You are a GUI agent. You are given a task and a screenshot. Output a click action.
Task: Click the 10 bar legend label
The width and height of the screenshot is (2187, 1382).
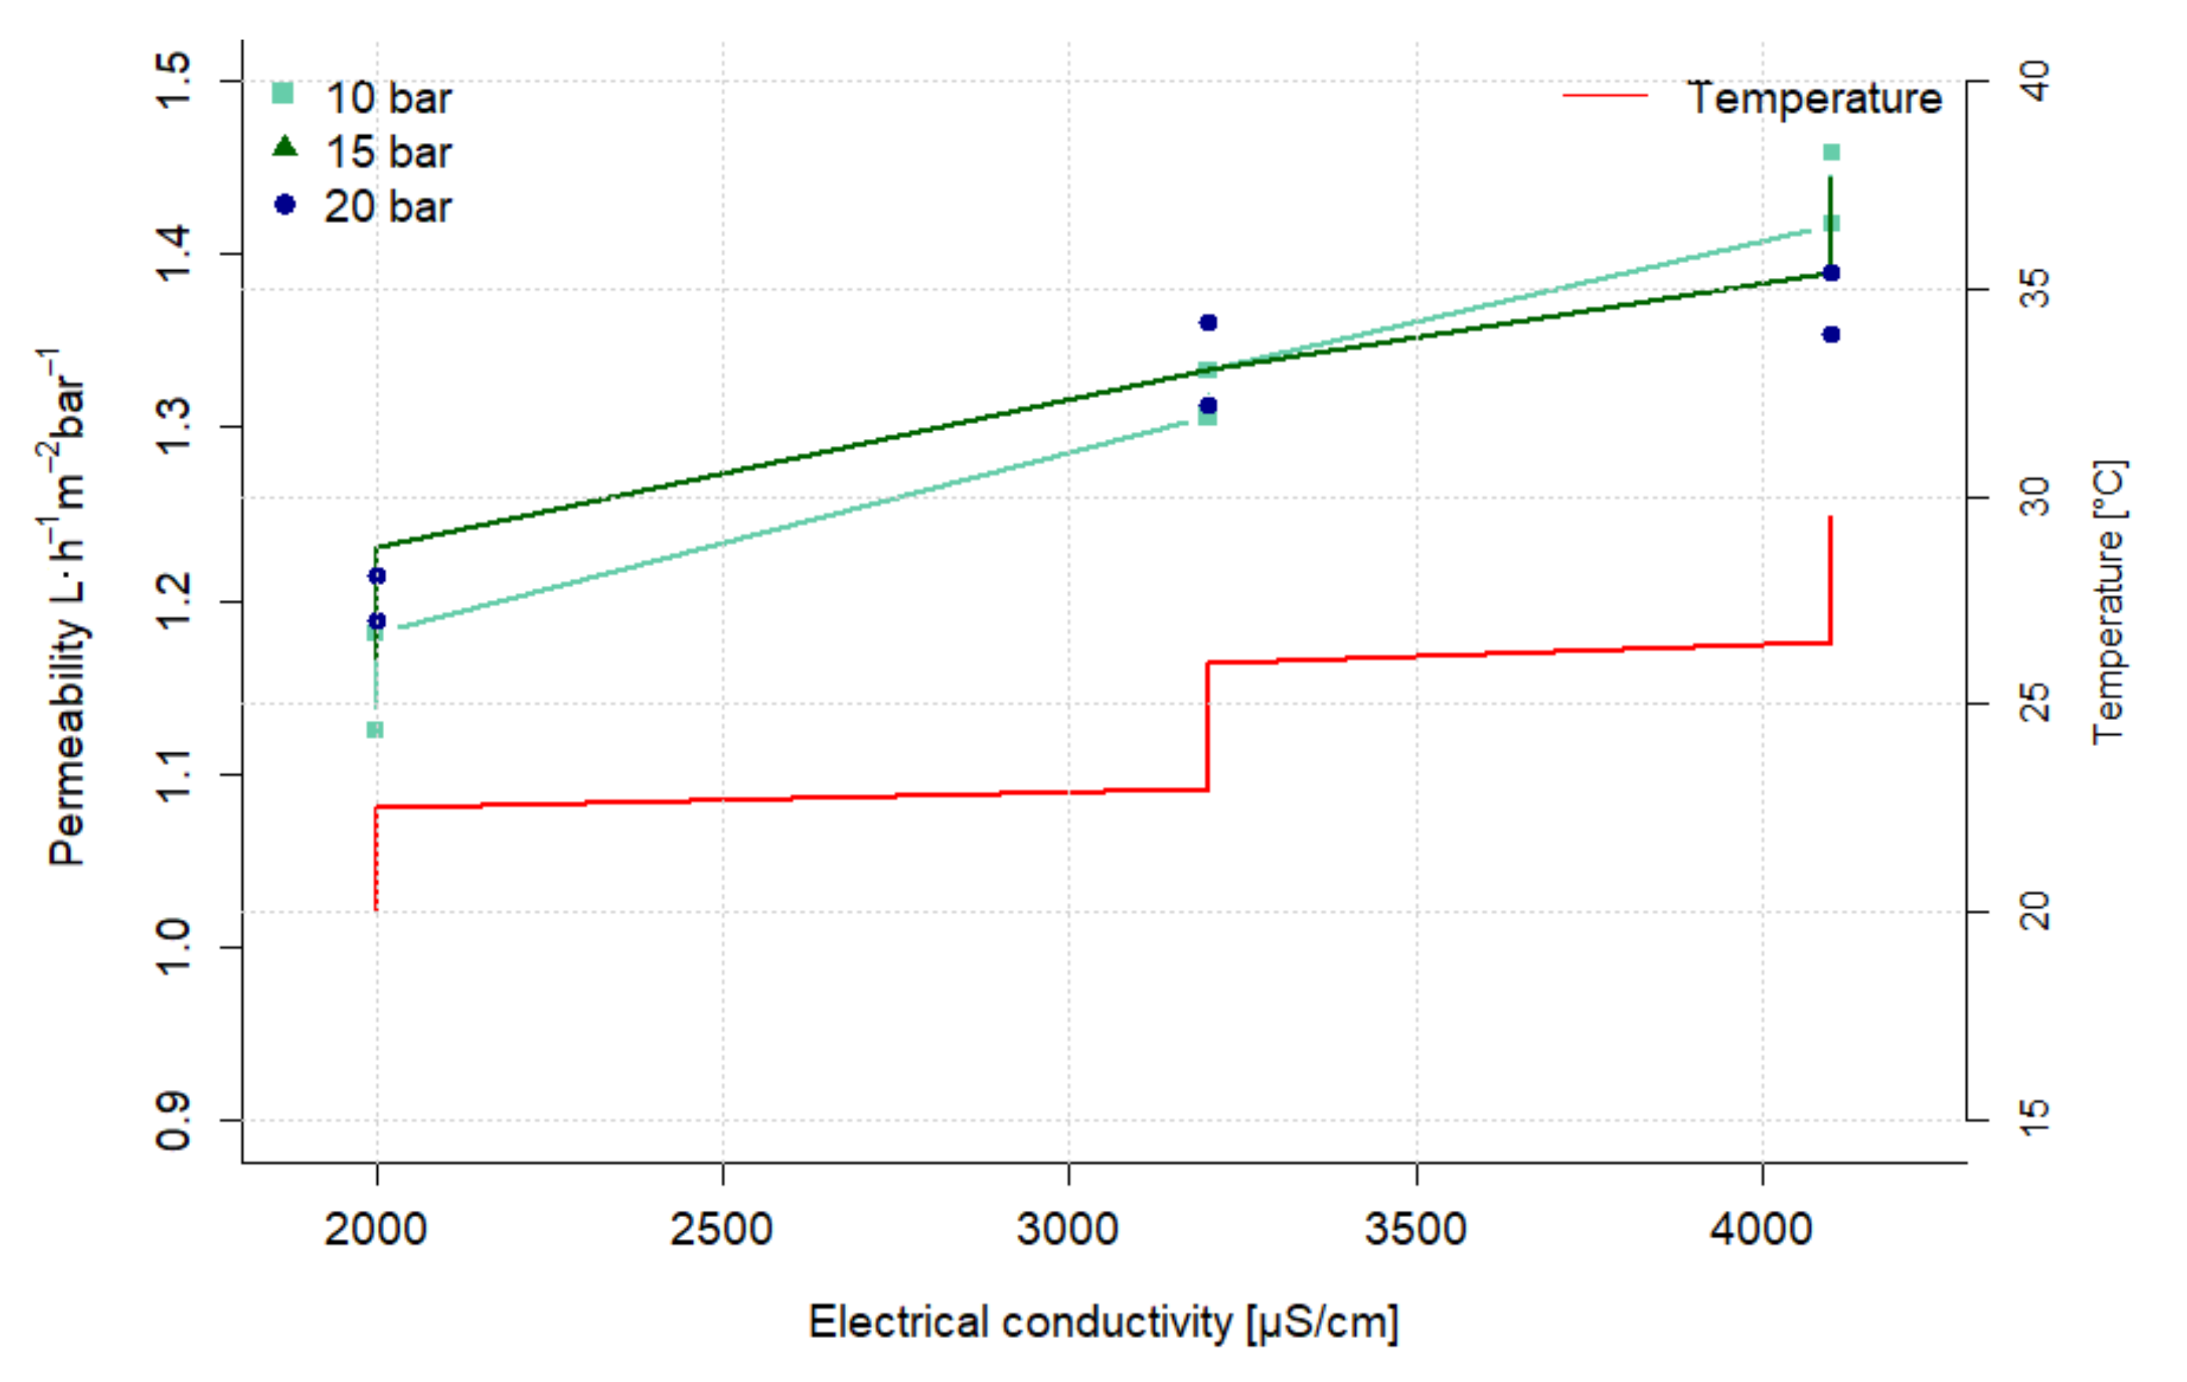(x=388, y=98)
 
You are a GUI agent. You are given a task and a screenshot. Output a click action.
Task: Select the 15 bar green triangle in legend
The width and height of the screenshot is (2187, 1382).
(x=284, y=146)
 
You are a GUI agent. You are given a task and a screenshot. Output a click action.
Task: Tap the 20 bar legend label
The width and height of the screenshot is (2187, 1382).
(x=388, y=207)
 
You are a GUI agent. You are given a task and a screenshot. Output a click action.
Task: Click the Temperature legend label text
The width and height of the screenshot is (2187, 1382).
(x=1815, y=98)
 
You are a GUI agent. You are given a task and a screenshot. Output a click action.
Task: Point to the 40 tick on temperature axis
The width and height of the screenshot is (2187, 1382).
(x=2035, y=81)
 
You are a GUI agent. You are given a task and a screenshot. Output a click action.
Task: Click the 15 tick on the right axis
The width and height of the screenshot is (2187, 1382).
(x=2035, y=1121)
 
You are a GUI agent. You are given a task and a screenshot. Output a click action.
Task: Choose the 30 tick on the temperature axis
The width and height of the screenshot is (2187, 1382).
(x=2035, y=497)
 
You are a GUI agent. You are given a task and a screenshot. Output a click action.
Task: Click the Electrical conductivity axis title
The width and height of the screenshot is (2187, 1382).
(x=1103, y=1322)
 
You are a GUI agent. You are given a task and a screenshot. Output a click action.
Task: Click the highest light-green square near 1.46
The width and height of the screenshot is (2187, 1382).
(x=1831, y=152)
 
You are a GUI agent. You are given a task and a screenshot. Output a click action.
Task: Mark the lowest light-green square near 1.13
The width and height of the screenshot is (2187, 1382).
(x=374, y=729)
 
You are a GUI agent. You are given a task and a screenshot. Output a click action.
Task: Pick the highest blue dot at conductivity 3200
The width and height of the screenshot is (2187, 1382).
(x=1208, y=323)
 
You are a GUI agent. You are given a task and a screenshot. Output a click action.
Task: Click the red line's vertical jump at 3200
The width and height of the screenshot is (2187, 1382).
(x=1207, y=726)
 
